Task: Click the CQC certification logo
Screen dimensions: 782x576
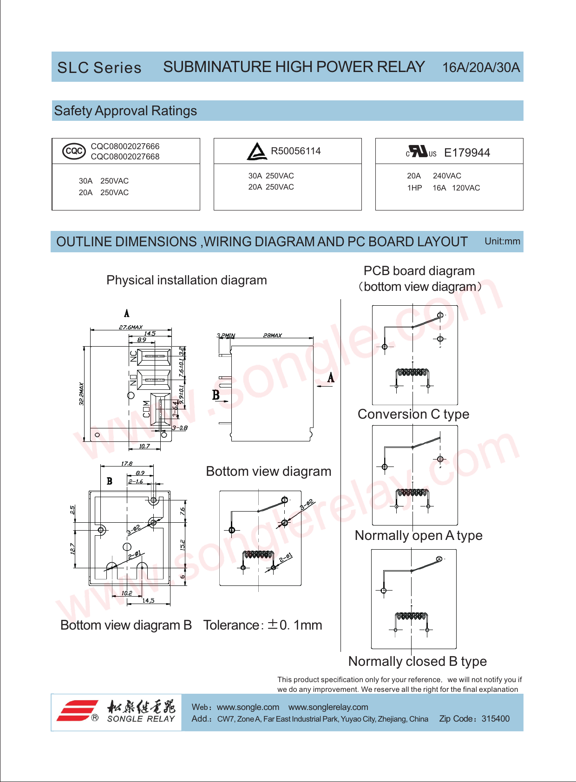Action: point(74,151)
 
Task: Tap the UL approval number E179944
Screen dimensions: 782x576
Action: point(467,153)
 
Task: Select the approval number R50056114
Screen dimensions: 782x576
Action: point(295,151)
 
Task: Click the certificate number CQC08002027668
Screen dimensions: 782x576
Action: point(125,157)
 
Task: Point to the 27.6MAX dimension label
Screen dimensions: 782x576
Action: point(131,327)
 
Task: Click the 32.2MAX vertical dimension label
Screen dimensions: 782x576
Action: point(82,394)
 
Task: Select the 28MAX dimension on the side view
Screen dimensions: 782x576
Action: point(272,335)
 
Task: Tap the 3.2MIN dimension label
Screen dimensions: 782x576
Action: point(226,335)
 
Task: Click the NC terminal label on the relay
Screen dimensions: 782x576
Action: point(134,356)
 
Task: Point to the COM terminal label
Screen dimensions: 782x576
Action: point(147,409)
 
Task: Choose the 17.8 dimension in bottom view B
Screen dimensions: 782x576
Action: point(127,464)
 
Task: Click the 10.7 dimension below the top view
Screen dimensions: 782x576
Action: point(144,447)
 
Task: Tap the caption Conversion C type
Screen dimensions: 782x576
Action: point(413,414)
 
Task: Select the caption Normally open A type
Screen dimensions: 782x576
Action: point(419,536)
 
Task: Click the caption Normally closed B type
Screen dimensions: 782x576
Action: point(417,661)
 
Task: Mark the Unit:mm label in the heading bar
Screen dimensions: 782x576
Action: point(502,241)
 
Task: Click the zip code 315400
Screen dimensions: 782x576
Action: point(495,719)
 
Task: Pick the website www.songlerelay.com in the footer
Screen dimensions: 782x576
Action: point(328,707)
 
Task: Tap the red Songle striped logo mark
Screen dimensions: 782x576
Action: point(77,710)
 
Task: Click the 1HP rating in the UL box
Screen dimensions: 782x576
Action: point(414,188)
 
